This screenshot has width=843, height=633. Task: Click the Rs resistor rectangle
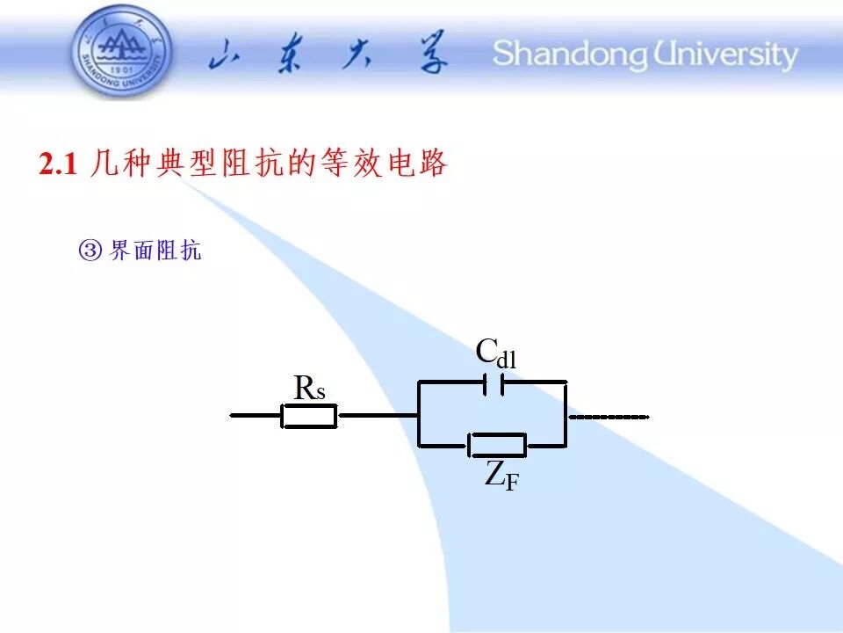[x=309, y=416]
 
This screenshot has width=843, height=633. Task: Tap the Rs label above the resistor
[x=310, y=388]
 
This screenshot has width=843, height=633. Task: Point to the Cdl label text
[x=496, y=353]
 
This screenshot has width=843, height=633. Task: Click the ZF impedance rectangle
[x=497, y=445]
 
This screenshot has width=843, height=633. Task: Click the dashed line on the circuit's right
[x=609, y=417]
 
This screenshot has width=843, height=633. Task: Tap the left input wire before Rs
[x=256, y=416]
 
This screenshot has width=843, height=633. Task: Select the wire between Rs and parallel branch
[x=379, y=415]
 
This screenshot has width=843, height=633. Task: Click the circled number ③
[x=90, y=251]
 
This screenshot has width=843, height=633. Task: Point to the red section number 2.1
[x=58, y=164]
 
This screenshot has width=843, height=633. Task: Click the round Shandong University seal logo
[x=122, y=52]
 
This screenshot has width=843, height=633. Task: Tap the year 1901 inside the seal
[x=121, y=70]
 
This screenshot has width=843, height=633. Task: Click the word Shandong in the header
[x=570, y=55]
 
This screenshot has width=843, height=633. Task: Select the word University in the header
[x=725, y=55]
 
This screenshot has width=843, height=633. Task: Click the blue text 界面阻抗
[x=155, y=251]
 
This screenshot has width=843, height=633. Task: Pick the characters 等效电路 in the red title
[x=384, y=164]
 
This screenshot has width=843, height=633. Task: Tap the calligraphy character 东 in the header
[x=291, y=55]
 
